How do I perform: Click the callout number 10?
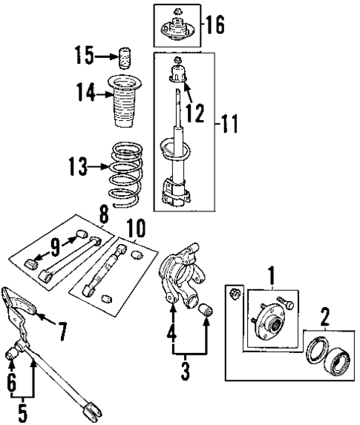[136, 226]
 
